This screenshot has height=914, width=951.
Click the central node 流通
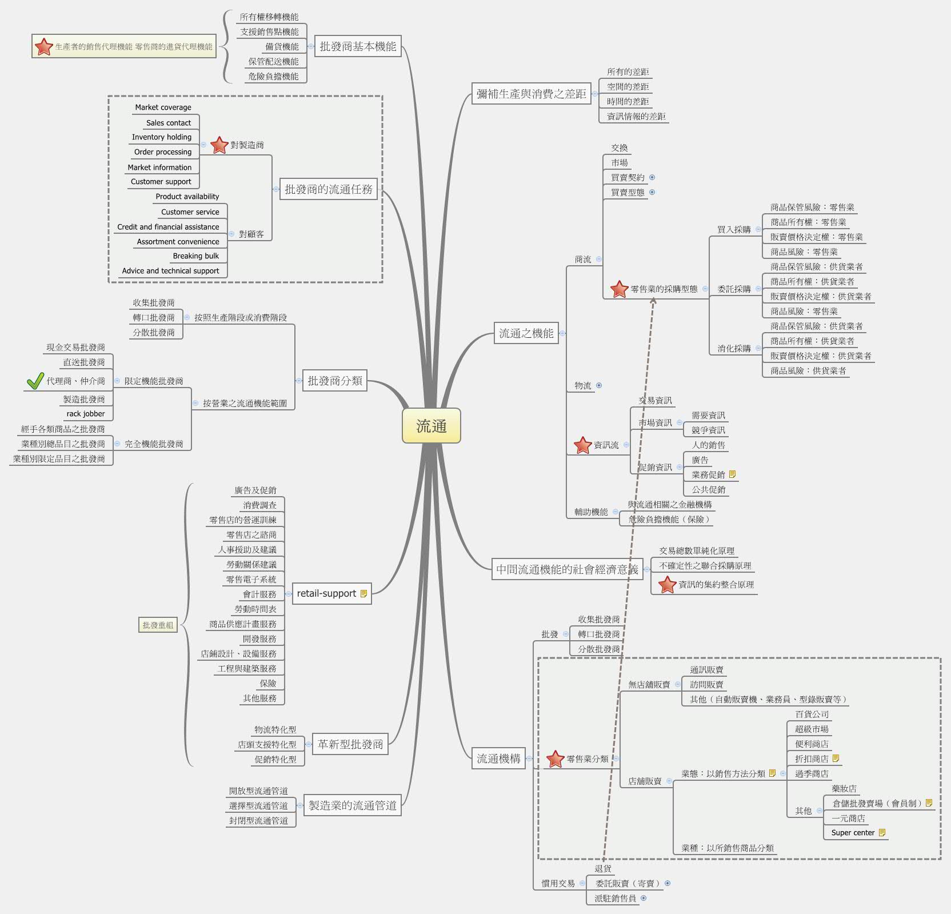point(431,426)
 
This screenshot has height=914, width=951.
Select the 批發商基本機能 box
point(358,46)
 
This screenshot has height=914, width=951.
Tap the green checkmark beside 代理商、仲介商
point(35,381)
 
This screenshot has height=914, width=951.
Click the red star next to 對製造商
point(219,145)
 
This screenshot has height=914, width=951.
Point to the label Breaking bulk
point(195,256)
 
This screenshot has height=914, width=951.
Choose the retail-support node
point(326,593)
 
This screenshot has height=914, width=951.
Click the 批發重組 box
point(158,625)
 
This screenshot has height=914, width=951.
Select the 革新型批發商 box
point(350,744)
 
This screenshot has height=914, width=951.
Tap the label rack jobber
point(86,414)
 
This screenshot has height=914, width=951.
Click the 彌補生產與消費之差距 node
point(531,94)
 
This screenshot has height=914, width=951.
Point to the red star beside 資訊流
point(582,445)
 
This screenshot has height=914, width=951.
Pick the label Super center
point(853,833)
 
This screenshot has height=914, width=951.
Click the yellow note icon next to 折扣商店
point(836,759)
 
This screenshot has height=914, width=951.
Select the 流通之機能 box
point(526,333)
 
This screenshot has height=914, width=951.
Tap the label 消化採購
point(734,348)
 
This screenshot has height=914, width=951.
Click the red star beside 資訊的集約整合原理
point(667,585)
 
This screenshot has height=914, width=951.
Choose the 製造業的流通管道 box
point(352,805)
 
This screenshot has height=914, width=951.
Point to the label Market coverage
point(163,107)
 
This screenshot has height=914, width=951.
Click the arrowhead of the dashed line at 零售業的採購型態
point(653,300)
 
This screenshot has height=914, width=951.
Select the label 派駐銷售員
point(615,898)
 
